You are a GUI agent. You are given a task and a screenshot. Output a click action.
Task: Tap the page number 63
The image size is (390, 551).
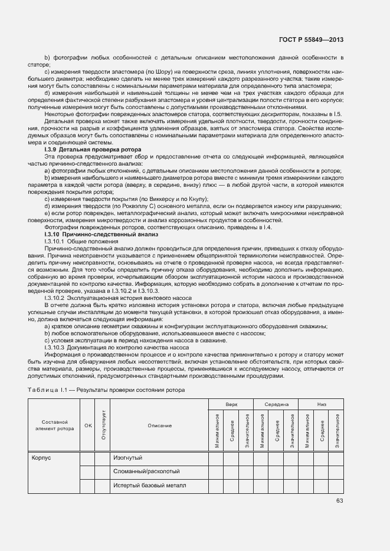[x=339, y=501]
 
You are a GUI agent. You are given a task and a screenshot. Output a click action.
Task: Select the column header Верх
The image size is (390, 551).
[x=230, y=405]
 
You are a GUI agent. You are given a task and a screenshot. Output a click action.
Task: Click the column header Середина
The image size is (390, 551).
[x=276, y=405]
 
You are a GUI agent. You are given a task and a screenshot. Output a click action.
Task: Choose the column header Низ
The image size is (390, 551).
[x=321, y=405]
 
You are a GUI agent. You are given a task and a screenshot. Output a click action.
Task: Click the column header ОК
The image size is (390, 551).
[x=88, y=425]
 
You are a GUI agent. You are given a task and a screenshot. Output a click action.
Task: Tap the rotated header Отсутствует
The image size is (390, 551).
[x=103, y=425]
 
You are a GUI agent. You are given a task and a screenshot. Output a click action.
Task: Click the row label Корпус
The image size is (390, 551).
[x=41, y=457]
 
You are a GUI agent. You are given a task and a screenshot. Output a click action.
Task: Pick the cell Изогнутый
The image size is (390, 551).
[x=128, y=457]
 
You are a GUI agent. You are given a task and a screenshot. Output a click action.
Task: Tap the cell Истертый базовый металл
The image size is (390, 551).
[x=149, y=486]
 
